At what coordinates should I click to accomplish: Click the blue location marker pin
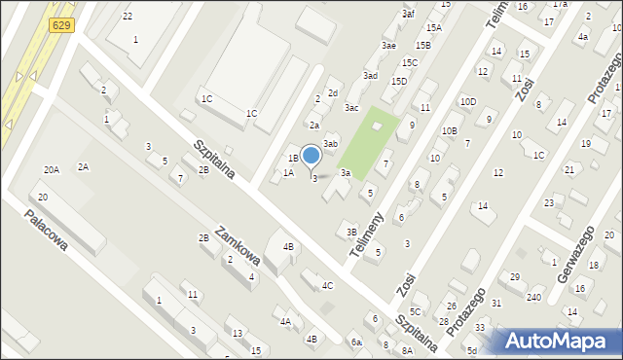(x=311, y=156)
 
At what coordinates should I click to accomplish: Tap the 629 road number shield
(x=61, y=24)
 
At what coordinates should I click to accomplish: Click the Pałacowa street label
(x=47, y=231)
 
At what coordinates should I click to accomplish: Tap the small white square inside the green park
(x=377, y=127)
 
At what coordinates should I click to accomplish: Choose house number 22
(x=128, y=17)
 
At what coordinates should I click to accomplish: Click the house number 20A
(x=52, y=169)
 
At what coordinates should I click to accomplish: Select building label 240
(x=533, y=296)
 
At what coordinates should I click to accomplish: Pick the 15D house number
(x=399, y=81)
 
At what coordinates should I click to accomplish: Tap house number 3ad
(x=370, y=75)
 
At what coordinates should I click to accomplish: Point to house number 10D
(x=468, y=101)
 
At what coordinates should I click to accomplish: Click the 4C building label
(x=328, y=285)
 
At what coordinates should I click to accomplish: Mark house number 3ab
(x=330, y=143)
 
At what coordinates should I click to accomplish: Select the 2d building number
(x=332, y=92)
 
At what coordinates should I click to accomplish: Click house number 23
(x=549, y=202)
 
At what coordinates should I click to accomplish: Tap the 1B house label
(x=292, y=158)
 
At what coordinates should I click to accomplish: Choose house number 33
(x=480, y=327)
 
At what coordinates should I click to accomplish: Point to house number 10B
(x=449, y=130)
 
